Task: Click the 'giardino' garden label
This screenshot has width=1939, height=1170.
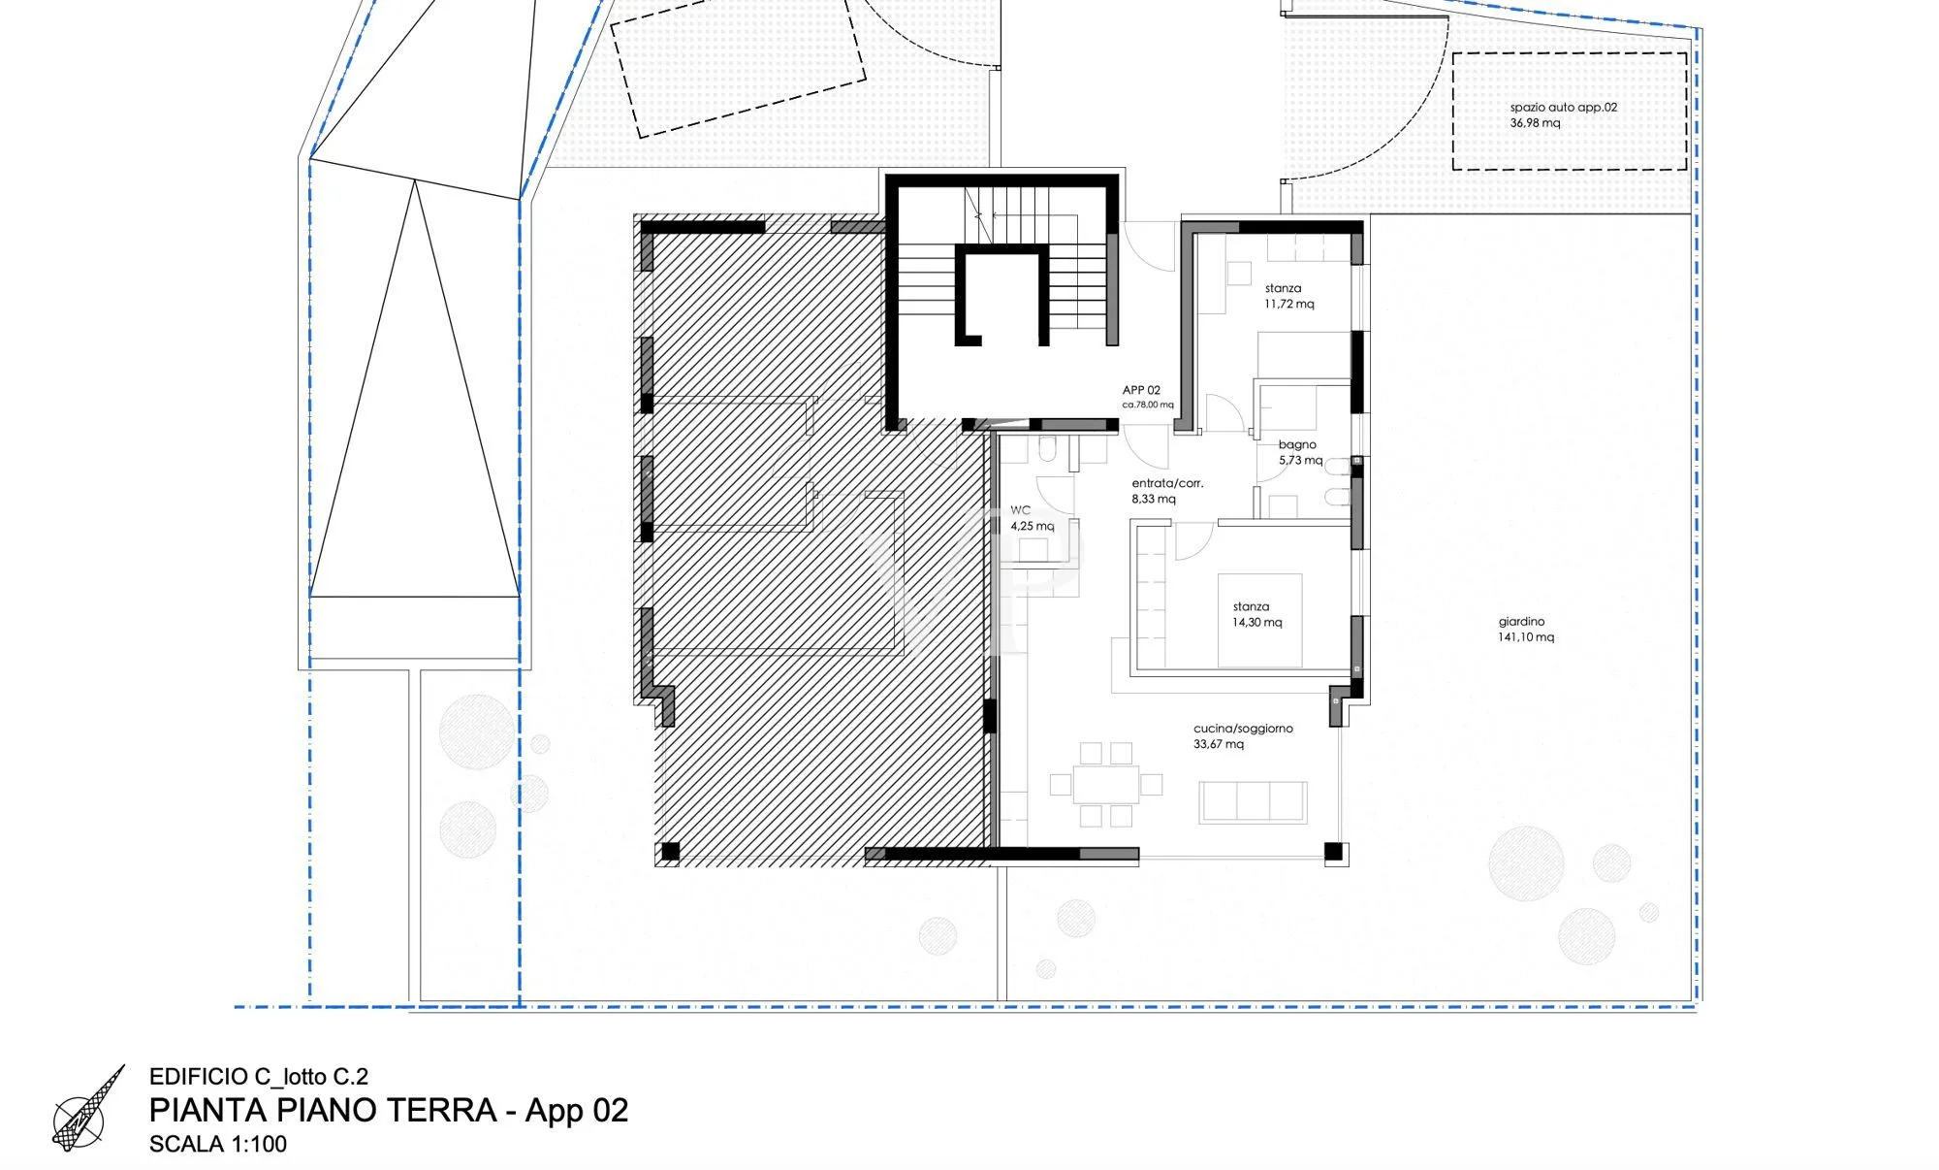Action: click(x=1521, y=622)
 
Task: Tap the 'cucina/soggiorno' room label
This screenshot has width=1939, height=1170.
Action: click(x=1243, y=729)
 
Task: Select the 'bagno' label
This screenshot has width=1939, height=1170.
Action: click(x=1297, y=445)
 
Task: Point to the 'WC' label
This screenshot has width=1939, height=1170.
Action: click(x=1020, y=510)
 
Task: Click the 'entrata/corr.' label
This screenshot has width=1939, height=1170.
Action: click(x=1167, y=483)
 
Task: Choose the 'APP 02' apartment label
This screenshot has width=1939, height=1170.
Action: click(x=1141, y=390)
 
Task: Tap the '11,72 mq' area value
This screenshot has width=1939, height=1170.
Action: click(x=1288, y=304)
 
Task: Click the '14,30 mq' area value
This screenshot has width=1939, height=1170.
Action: click(x=1256, y=622)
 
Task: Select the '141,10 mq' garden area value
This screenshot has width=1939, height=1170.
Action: click(x=1526, y=637)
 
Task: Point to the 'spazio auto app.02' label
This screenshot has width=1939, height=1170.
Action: click(x=1563, y=108)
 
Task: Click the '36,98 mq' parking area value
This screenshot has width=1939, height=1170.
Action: click(x=1535, y=123)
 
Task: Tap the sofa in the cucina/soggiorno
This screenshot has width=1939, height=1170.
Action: click(x=1253, y=802)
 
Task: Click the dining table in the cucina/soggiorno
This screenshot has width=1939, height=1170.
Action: click(x=1106, y=785)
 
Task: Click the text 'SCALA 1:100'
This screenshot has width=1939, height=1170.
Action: click(x=218, y=1144)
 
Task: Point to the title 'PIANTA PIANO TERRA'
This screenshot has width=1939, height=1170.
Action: click(x=323, y=1110)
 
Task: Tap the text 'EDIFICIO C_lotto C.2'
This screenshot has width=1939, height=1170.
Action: click(x=259, y=1076)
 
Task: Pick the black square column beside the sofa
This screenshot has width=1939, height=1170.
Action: click(x=1334, y=852)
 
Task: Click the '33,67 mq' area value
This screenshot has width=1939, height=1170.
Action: click(x=1219, y=744)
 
